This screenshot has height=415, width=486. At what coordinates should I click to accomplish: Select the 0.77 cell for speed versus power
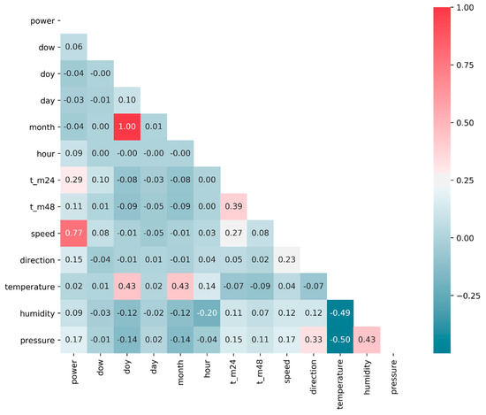pyautogui.click(x=75, y=234)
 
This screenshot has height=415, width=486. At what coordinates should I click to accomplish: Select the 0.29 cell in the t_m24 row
pyautogui.click(x=75, y=180)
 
